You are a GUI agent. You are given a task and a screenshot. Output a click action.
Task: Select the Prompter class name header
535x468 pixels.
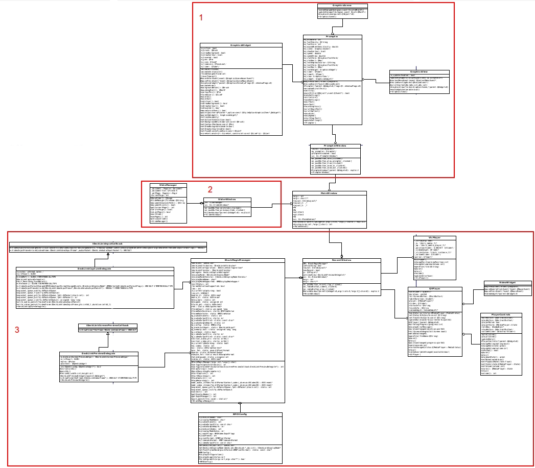pyautogui.click(x=333, y=36)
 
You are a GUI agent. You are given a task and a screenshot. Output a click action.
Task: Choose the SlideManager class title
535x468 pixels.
pyautogui.click(x=168, y=184)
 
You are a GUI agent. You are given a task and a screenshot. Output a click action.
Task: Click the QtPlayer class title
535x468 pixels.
pyautogui.click(x=435, y=288)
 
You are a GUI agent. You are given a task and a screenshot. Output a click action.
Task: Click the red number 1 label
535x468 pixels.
pyautogui.click(x=201, y=17)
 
